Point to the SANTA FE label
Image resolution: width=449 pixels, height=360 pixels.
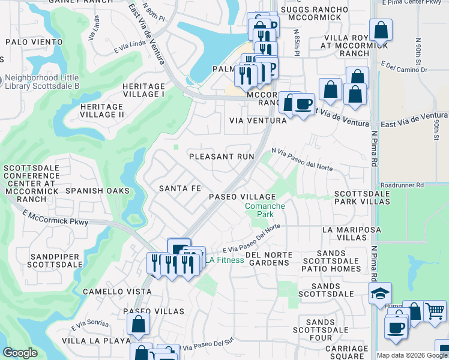coord(179,188)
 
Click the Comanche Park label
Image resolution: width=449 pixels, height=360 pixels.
coord(265,210)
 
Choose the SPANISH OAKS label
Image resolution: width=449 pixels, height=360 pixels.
coord(97,191)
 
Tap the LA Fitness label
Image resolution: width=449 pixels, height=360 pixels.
coord(226,260)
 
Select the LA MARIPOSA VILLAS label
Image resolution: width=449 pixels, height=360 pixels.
coord(352,233)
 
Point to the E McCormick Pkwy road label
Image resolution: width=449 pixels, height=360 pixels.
coord(56,218)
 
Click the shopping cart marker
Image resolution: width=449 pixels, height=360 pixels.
coord(435,311)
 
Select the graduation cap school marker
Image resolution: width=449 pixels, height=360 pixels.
coord(379,293)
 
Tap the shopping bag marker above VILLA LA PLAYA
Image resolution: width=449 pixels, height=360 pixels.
coord(138,324)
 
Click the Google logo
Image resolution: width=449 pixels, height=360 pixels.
coord(20,353)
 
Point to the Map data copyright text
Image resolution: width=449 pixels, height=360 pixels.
coord(412,355)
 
